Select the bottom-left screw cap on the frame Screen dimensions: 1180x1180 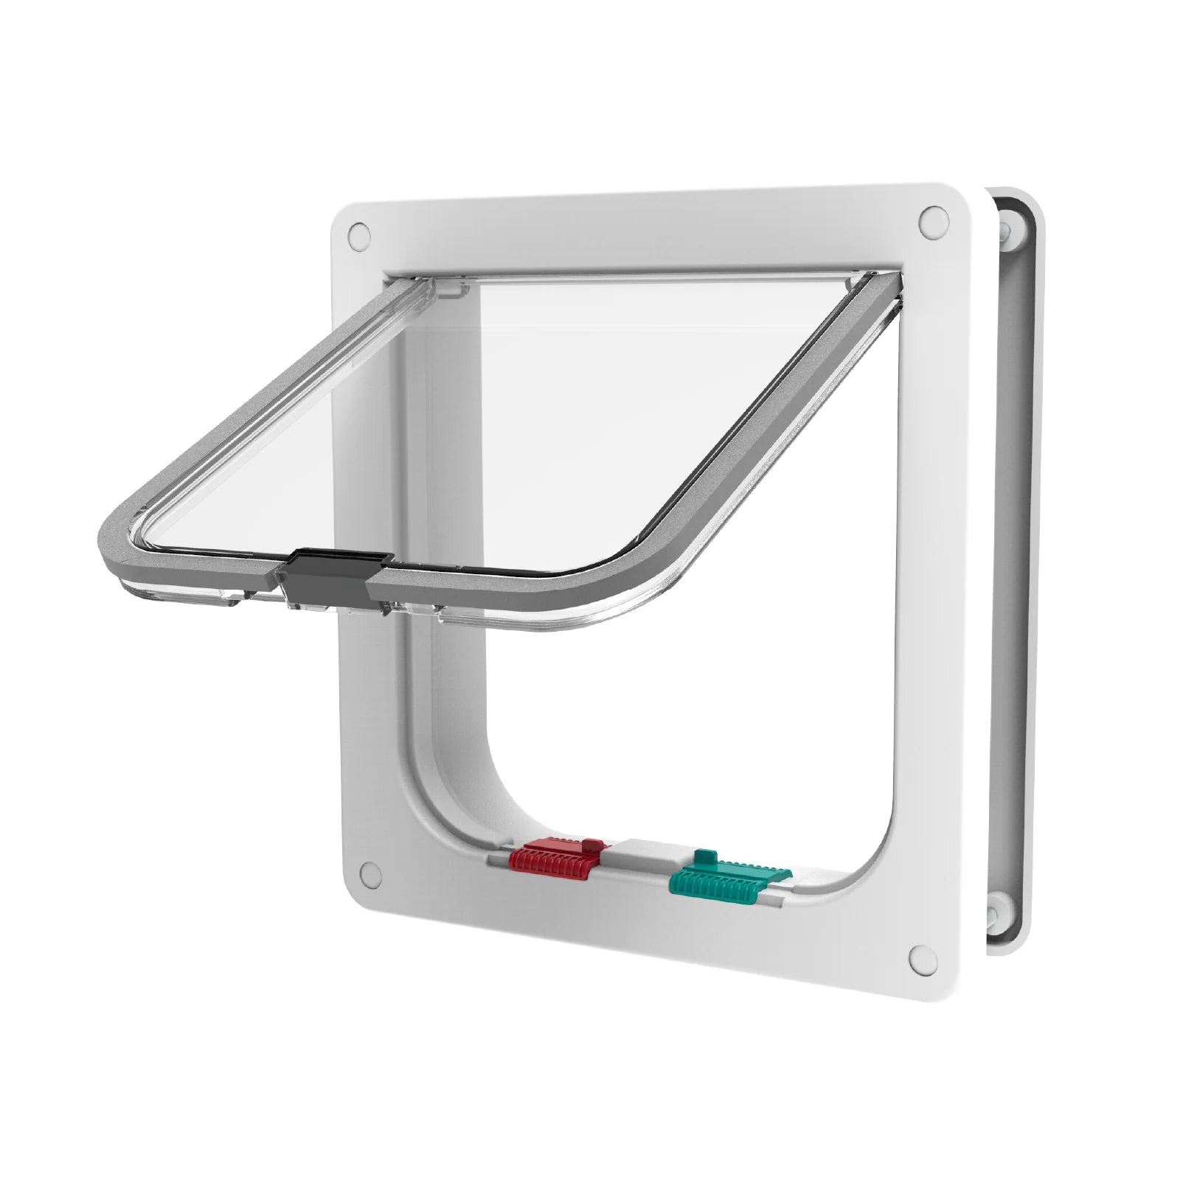[367, 873]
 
